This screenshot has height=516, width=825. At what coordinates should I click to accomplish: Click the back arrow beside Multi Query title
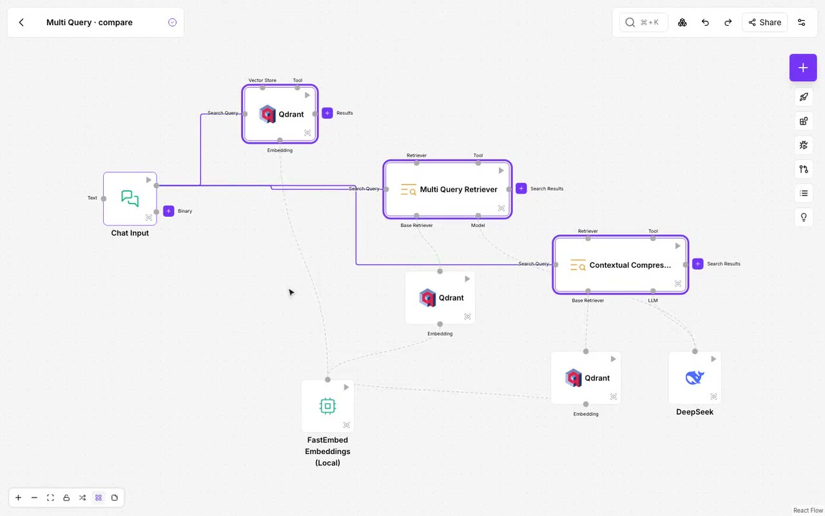pos(21,23)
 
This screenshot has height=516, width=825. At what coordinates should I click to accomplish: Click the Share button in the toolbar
pos(764,23)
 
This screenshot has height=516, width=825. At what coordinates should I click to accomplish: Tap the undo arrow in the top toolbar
pos(705,23)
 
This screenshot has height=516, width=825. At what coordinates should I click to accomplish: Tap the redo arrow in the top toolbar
pos(728,23)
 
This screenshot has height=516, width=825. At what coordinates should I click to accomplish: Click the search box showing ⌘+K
pos(643,23)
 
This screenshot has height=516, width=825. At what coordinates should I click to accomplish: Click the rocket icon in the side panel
pos(803,97)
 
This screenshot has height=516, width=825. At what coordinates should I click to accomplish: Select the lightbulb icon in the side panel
pos(803,217)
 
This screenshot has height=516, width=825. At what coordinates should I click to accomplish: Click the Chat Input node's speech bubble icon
pos(130,198)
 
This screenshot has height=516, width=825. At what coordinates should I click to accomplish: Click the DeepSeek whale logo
pos(695,377)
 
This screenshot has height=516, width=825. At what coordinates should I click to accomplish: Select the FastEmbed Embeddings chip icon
pos(327,406)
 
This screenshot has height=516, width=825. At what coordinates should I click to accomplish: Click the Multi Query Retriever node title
pos(458,190)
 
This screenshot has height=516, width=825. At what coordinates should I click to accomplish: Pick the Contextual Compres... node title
pos(630,265)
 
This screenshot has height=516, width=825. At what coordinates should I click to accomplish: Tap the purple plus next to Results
pos(327,113)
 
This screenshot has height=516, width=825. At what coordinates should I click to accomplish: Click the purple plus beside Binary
pos(168,211)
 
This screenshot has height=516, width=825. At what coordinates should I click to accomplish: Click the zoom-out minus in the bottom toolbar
pos(34,497)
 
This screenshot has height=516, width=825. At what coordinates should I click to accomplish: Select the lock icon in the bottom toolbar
pos(66,497)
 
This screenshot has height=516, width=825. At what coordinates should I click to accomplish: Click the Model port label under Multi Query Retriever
pos(478,225)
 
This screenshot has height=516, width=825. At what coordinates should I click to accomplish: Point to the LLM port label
pos(653,301)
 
